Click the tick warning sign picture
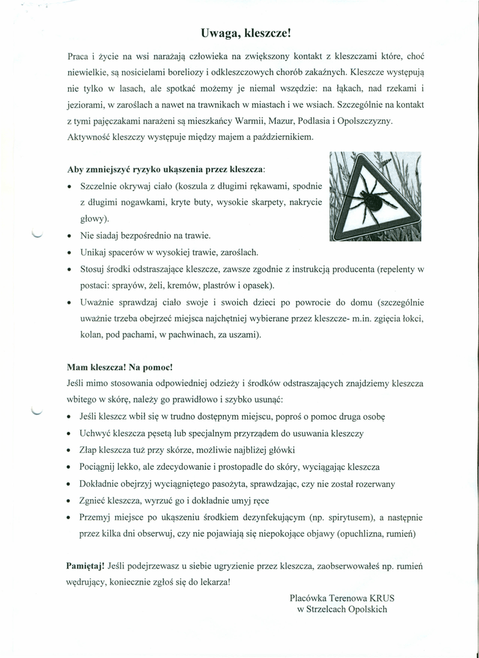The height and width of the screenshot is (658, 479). click(x=375, y=196)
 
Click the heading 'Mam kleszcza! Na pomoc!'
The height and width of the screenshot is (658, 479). click(x=120, y=368)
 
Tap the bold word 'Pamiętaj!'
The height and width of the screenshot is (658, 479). click(x=86, y=566)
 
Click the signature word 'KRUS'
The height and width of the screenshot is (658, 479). click(x=382, y=597)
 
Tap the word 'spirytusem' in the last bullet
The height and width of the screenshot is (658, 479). click(x=352, y=517)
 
